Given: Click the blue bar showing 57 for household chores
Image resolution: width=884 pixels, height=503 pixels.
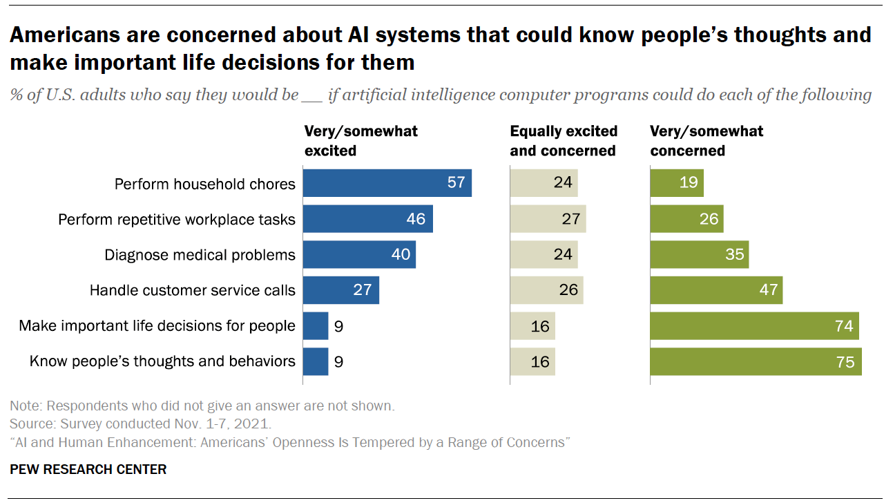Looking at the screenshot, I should pos(387,183).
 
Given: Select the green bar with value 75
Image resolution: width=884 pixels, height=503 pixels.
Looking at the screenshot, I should pos(756,361).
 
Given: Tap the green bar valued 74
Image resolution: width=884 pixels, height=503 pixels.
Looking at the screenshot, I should pos(754,325).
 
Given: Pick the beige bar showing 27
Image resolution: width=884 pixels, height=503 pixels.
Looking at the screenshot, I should pos(548,219).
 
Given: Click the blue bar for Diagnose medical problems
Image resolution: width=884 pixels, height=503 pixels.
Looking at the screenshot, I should pos(359,254).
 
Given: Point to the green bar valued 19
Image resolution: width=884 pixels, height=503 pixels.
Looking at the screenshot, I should pos(676,183).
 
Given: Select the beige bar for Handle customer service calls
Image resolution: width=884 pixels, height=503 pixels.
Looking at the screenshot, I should pos(546,290).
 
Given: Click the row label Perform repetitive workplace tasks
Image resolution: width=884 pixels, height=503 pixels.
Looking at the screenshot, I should pos(177,220).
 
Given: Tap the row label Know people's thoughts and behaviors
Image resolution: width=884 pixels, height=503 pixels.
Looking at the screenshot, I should pos(162,361).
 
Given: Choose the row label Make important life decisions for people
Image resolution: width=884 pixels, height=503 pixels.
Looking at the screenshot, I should pos(157,325).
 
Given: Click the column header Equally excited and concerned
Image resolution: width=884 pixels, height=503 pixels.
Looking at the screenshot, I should pos(564,140).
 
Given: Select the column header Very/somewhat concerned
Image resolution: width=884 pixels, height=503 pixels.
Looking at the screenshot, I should pos(707,140).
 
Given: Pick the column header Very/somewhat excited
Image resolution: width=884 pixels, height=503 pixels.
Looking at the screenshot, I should pos(361,140).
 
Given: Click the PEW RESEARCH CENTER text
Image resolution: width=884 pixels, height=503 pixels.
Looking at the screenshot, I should pos(88,469).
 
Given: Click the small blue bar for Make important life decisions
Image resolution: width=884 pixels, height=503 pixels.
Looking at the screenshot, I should pos(316,325).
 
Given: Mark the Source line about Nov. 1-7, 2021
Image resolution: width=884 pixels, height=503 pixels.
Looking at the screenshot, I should pos(140,424).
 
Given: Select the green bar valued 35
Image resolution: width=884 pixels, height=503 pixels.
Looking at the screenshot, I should pos(699,254).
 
